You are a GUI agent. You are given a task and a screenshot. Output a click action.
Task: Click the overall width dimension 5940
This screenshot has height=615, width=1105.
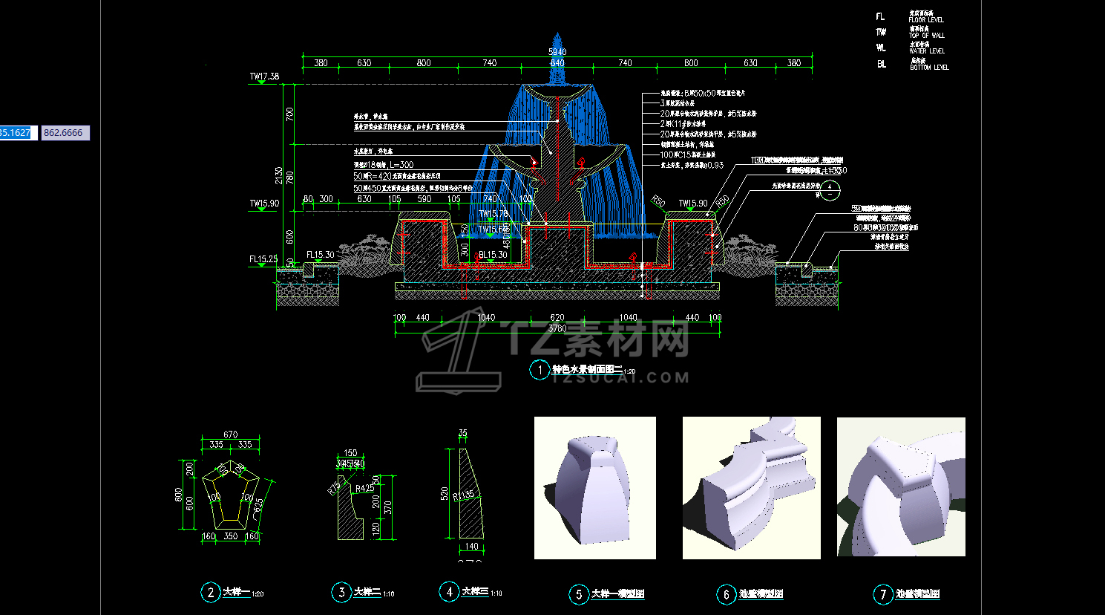[x=557, y=51]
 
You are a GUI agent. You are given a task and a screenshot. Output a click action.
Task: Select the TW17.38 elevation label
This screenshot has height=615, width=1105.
[x=264, y=77]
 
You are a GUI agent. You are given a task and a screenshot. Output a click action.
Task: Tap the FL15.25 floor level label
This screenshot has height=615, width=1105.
[x=263, y=259]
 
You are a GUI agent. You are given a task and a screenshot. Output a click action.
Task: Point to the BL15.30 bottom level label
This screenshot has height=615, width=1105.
[x=493, y=255]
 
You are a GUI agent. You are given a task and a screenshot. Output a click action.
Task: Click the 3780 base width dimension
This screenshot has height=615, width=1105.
[x=557, y=328]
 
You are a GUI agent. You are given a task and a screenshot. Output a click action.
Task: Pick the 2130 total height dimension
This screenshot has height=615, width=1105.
[x=278, y=175]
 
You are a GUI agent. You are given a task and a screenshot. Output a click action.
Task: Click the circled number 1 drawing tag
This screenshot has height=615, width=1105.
[x=540, y=369]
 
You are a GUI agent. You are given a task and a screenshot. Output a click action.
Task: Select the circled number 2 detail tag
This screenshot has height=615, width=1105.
[x=210, y=592]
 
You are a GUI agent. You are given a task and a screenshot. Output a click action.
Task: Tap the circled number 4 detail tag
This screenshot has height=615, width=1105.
[x=449, y=591]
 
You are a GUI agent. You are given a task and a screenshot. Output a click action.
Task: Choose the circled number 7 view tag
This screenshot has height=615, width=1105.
[x=882, y=593]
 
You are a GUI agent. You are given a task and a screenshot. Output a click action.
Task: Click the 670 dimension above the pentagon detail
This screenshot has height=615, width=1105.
[x=230, y=435]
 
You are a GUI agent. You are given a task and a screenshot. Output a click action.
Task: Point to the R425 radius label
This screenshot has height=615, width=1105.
[x=364, y=489]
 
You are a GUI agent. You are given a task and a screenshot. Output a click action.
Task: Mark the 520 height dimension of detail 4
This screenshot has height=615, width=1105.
[x=444, y=493]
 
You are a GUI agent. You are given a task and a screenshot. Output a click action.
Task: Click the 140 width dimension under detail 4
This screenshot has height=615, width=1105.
[x=472, y=547]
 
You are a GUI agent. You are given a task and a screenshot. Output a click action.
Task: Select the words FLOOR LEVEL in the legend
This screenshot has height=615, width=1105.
[x=926, y=20]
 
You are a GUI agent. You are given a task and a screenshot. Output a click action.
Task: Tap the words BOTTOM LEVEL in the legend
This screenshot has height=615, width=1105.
[x=929, y=68]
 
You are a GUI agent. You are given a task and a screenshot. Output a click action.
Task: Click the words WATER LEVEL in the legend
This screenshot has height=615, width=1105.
[x=927, y=51]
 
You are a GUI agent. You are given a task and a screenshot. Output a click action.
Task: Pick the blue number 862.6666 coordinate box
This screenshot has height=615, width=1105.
[x=64, y=133]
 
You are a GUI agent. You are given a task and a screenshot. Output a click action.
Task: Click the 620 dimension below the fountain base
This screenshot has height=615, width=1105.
[x=557, y=317]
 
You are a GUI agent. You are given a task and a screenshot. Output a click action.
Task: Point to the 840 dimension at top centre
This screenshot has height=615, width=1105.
[x=557, y=63]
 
